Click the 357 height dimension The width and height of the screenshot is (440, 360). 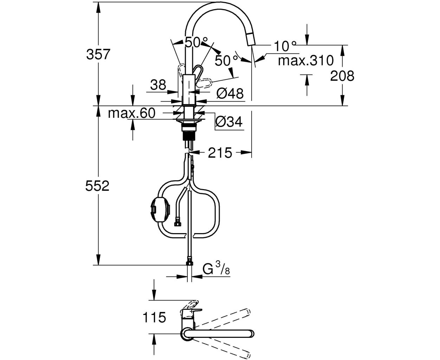tap(98, 55)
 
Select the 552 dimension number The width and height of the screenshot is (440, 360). tap(97, 186)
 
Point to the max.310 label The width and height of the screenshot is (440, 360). tap(306, 61)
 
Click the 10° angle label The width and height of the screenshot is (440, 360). tap(285, 46)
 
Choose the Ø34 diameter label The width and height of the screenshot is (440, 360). tap(229, 122)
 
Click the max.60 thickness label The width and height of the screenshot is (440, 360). tap(132, 113)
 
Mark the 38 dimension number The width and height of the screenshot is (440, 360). tap(158, 85)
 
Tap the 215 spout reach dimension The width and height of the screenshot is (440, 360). tap(220, 153)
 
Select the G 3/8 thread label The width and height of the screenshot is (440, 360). tap(216, 269)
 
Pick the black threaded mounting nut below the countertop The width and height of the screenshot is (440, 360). tap(189, 136)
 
